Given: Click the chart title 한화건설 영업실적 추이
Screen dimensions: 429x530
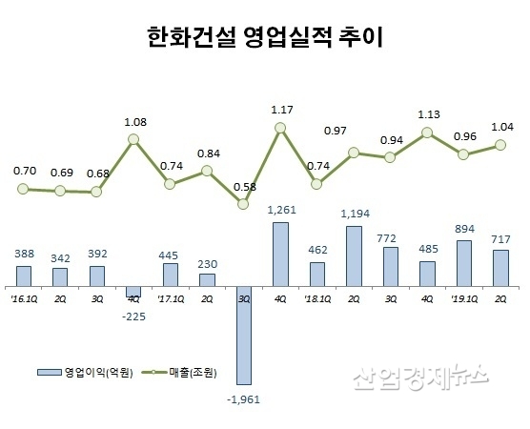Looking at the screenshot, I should pos(265,37).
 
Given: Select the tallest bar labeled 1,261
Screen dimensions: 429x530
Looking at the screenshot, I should pos(281,255).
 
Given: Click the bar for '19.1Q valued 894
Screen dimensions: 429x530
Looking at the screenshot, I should pos(465,263).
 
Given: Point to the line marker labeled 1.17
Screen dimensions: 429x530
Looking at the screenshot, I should pos(281,127).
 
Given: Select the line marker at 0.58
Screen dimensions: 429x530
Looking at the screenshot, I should pos(244,203).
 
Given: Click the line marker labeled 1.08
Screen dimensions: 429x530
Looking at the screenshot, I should pos(133,139).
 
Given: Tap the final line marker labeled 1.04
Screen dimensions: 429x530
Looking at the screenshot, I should pos(501,145).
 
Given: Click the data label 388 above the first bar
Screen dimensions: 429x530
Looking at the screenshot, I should pos(24,255).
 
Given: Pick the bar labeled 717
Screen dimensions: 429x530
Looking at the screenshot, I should pos(501,268).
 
